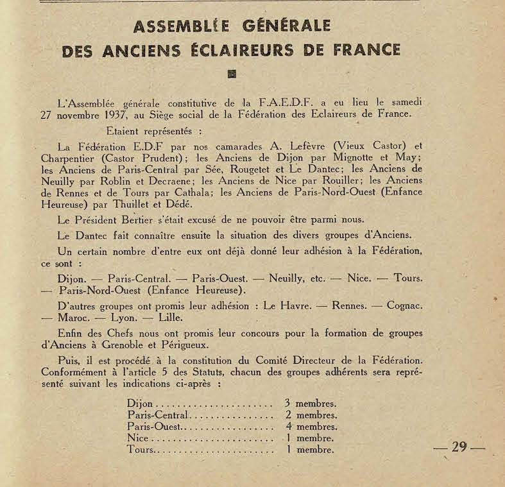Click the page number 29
tap(459, 447)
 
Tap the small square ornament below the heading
tap(232, 73)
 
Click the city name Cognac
tap(404, 305)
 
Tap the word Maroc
tap(74, 317)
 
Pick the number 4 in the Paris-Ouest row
tap(289, 426)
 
